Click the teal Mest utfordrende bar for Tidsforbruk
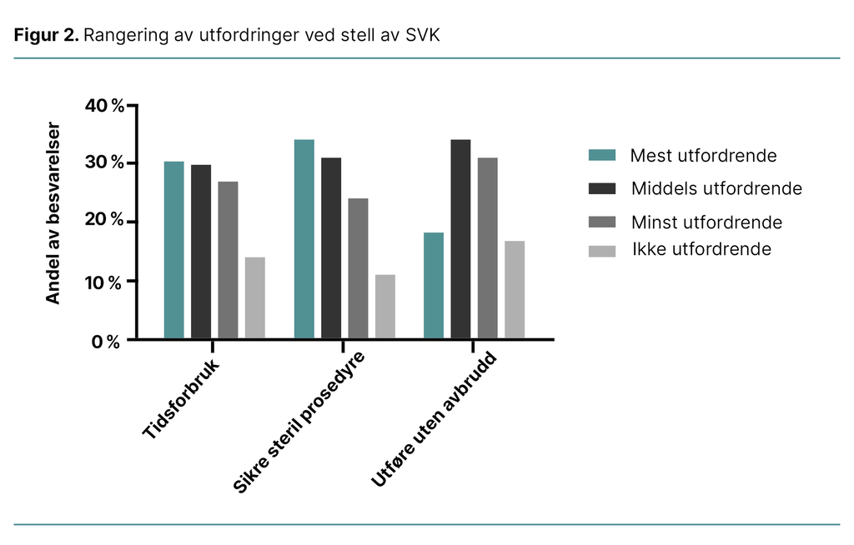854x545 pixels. (x=173, y=250)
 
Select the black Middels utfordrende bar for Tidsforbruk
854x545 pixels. (x=201, y=252)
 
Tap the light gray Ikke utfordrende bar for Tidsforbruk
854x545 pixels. (x=254, y=297)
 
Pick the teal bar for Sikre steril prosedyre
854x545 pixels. (x=304, y=239)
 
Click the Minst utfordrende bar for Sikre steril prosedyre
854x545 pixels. (x=358, y=268)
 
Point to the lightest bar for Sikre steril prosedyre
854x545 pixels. (x=384, y=306)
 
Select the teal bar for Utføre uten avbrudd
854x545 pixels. (x=434, y=285)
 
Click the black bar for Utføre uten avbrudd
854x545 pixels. (x=460, y=239)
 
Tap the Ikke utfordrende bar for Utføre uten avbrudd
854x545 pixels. (x=515, y=289)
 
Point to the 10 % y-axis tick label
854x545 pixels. (x=104, y=282)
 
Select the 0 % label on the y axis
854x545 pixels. (x=107, y=342)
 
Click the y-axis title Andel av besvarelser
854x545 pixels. (x=53, y=213)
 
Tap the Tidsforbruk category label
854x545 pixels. (x=182, y=401)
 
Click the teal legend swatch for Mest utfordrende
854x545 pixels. (x=601, y=156)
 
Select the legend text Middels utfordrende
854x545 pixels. (x=716, y=188)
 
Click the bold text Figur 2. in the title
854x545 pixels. (x=46, y=36)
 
